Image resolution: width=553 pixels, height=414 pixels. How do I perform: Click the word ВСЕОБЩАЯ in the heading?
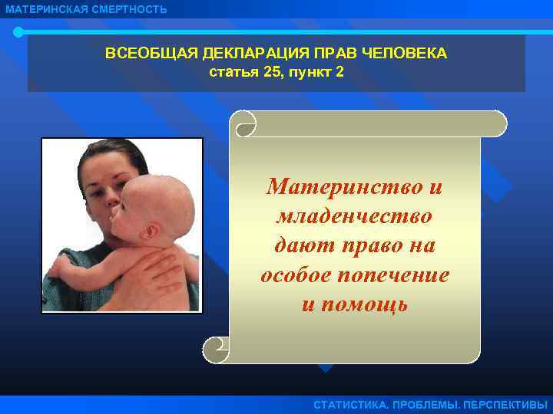pos(145,55)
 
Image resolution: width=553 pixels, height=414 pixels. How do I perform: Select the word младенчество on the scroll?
pos(354,216)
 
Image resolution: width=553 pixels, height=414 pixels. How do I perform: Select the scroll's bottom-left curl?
pos(215,350)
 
